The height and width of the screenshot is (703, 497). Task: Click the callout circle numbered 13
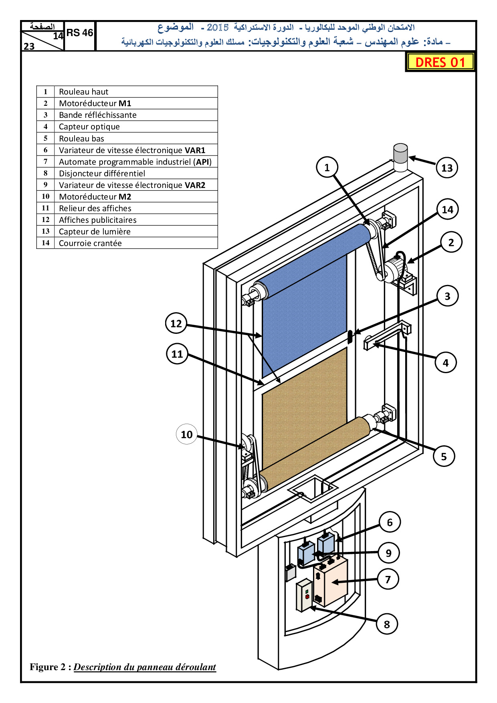(x=447, y=168)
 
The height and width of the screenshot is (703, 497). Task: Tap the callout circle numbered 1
(x=327, y=168)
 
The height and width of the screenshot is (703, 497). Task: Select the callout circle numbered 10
(x=187, y=434)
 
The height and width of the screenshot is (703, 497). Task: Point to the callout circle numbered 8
(x=387, y=624)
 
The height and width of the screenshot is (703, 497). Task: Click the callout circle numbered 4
(x=446, y=363)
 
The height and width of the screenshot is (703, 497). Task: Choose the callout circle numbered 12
(x=176, y=323)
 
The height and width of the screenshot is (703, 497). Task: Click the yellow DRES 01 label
(x=440, y=62)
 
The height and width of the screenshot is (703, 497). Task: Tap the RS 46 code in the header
(x=80, y=33)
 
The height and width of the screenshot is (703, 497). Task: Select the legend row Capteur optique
(x=89, y=127)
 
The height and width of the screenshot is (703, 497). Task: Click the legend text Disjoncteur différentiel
(x=102, y=174)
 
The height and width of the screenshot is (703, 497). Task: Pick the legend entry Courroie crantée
(x=90, y=243)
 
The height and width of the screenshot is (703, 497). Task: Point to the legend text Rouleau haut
(x=83, y=92)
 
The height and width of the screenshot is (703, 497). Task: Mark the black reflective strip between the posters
(x=350, y=337)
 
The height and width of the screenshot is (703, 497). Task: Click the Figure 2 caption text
(x=123, y=667)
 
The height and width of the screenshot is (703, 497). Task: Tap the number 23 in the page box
(x=29, y=46)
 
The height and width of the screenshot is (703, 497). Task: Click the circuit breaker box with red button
(x=304, y=595)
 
